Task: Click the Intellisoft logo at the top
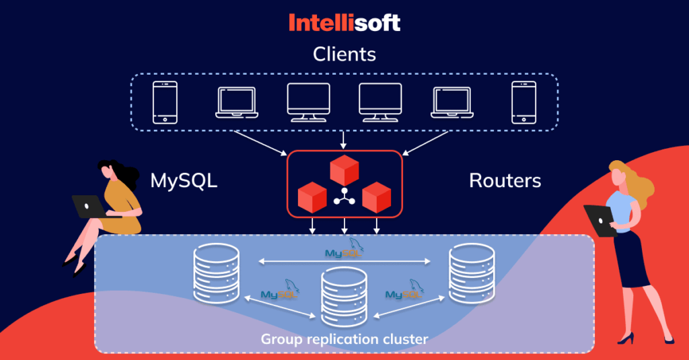tap(344, 23)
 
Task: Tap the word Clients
tap(344, 55)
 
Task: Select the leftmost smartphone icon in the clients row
tap(165, 102)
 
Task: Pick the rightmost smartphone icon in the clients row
tap(523, 102)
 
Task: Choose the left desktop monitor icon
tap(308, 102)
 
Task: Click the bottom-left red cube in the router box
tap(312, 196)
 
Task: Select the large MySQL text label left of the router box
tap(184, 180)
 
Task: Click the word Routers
tap(505, 180)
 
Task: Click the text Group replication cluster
tap(344, 338)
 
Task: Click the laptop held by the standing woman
tap(598, 220)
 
